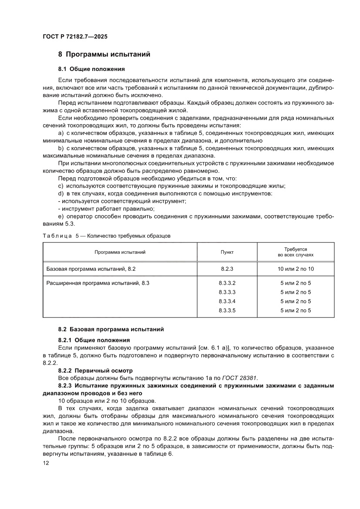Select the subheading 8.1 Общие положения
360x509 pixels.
[91, 69]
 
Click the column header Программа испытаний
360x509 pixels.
[120, 252]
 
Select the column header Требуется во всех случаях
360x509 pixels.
[296, 252]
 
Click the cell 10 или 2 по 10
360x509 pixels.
[296, 269]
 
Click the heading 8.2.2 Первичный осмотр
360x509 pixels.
[95, 370]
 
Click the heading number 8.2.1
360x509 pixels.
[65, 340]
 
